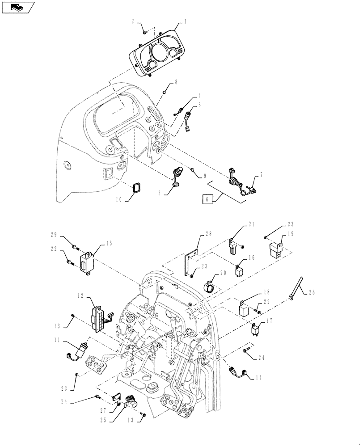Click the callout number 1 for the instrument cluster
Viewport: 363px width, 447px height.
tap(185, 21)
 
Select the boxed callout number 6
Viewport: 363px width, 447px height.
tap(207, 199)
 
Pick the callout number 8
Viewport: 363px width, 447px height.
tap(176, 82)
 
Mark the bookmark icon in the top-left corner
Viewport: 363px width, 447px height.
tap(18, 7)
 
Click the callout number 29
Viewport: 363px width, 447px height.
tap(54, 235)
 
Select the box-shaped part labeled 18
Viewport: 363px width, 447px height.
tap(244, 309)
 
